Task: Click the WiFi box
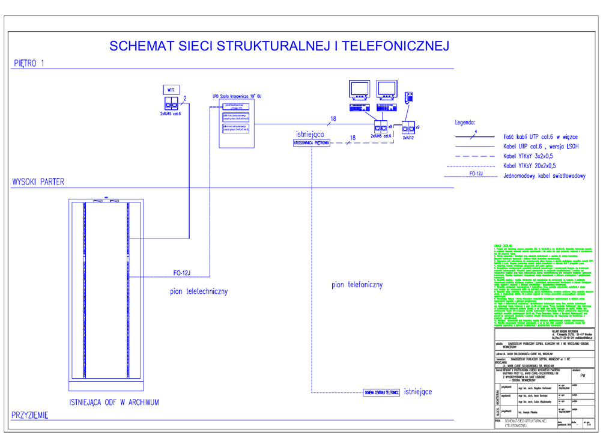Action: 171,90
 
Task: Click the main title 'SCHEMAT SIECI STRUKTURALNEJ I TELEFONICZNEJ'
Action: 279,46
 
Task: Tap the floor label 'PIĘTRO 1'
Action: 28,63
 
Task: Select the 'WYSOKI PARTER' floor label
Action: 38,182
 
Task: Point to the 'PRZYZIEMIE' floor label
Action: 30,415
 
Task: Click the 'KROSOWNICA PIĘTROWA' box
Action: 312,143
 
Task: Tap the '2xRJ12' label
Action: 408,138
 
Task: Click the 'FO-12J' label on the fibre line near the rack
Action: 182,273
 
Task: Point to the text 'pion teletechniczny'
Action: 198,291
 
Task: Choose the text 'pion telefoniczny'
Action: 357,285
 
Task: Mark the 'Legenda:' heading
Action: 465,122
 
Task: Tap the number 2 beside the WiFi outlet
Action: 185,98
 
